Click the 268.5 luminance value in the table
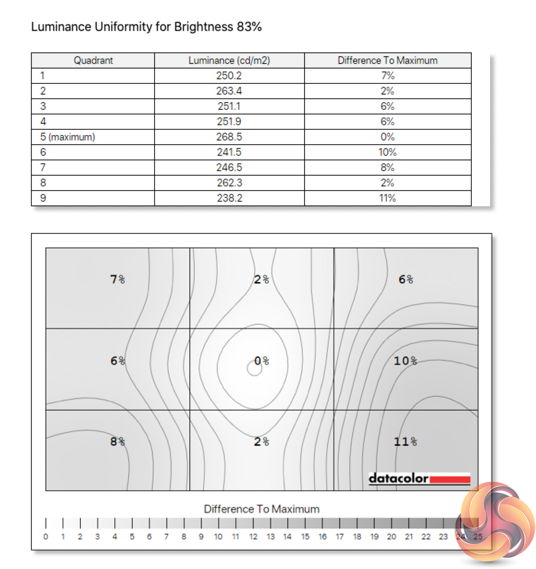click(229, 137)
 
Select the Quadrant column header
click(93, 60)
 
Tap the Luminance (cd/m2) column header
click(229, 60)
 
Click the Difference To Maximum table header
click(387, 60)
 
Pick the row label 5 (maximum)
click(67, 137)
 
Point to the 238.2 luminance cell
click(229, 198)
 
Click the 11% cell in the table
click(387, 198)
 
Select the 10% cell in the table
click(387, 152)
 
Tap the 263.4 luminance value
click(229, 91)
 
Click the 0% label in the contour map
click(262, 361)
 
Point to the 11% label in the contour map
click(405, 442)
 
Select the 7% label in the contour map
click(117, 279)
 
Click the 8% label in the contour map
click(117, 442)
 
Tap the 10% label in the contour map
click(405, 361)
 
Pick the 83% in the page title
click(249, 27)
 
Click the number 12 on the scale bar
click(253, 537)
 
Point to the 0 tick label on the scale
click(46, 537)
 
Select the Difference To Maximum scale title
click(262, 509)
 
